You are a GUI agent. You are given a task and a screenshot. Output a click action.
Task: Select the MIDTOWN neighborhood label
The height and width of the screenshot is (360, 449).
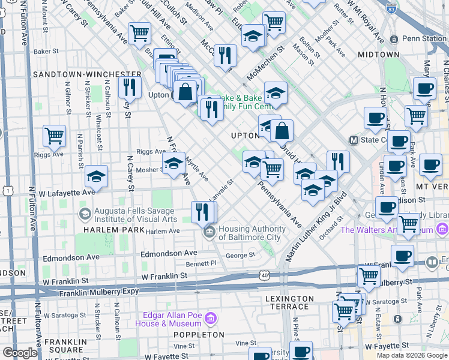[379, 55]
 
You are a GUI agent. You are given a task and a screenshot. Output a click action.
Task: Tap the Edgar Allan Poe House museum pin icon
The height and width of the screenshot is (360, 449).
[210, 317]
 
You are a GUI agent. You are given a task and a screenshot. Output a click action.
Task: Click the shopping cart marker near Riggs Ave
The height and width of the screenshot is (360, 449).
[54, 136]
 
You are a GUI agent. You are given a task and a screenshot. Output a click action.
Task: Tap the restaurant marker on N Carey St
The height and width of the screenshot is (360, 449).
[129, 87]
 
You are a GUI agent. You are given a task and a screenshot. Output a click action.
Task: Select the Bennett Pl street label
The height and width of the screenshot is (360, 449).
[200, 263]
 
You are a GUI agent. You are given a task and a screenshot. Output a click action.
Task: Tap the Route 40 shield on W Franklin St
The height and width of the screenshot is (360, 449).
[264, 275]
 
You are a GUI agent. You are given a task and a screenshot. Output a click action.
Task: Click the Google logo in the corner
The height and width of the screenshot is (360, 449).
[19, 353]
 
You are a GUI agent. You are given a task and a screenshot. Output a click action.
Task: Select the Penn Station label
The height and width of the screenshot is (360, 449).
[424, 38]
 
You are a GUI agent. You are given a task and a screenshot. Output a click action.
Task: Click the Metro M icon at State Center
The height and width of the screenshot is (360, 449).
[354, 140]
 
